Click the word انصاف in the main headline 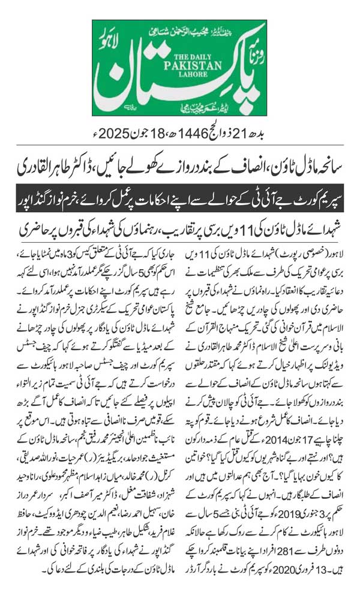(x=238, y=160)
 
